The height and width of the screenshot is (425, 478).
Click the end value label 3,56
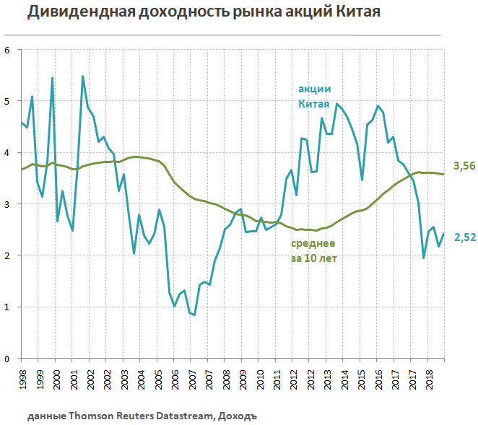pos(463,166)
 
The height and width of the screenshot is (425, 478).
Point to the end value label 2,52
pos(463,237)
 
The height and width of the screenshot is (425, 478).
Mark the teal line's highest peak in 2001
pos(82,76)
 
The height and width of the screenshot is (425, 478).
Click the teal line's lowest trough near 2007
pos(194,315)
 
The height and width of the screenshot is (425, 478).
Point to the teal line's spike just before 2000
pos(52,77)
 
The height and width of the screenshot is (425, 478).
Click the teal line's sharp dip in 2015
pos(362,180)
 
